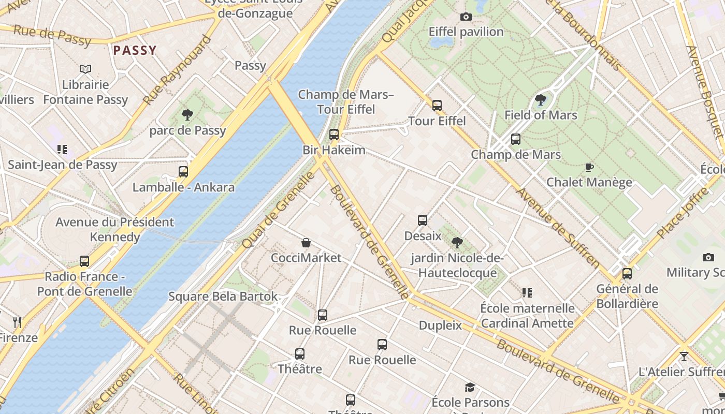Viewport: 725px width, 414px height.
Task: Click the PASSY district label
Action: pyautogui.click(x=135, y=50)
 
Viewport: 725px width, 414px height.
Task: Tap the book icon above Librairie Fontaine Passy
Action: pyautogui.click(x=85, y=69)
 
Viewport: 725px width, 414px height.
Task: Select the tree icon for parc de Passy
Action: pyautogui.click(x=187, y=115)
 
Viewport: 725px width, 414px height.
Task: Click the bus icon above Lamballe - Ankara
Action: pyautogui.click(x=183, y=172)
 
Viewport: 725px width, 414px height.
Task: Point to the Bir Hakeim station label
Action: pyautogui.click(x=334, y=150)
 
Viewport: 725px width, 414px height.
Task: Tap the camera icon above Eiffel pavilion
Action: pyautogui.click(x=466, y=17)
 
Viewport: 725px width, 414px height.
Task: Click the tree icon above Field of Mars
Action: pyautogui.click(x=541, y=100)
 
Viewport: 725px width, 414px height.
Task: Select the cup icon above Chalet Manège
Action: pyautogui.click(x=589, y=167)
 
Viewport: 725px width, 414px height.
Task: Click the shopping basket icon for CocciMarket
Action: pyautogui.click(x=306, y=243)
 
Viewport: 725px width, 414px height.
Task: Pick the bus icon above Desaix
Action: pyautogui.click(x=423, y=220)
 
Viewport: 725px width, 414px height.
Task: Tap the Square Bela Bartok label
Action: pyautogui.click(x=223, y=297)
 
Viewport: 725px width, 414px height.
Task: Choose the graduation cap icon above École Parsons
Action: pyautogui.click(x=470, y=387)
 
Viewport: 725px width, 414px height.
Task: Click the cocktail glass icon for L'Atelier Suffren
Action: pyautogui.click(x=684, y=357)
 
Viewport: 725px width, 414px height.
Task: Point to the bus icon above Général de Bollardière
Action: pyautogui.click(x=627, y=273)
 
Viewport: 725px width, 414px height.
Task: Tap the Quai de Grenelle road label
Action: pyautogui.click(x=278, y=209)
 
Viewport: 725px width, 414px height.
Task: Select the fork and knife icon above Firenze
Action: pyautogui.click(x=17, y=322)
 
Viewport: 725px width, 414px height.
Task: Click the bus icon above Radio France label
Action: pyautogui.click(x=84, y=261)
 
